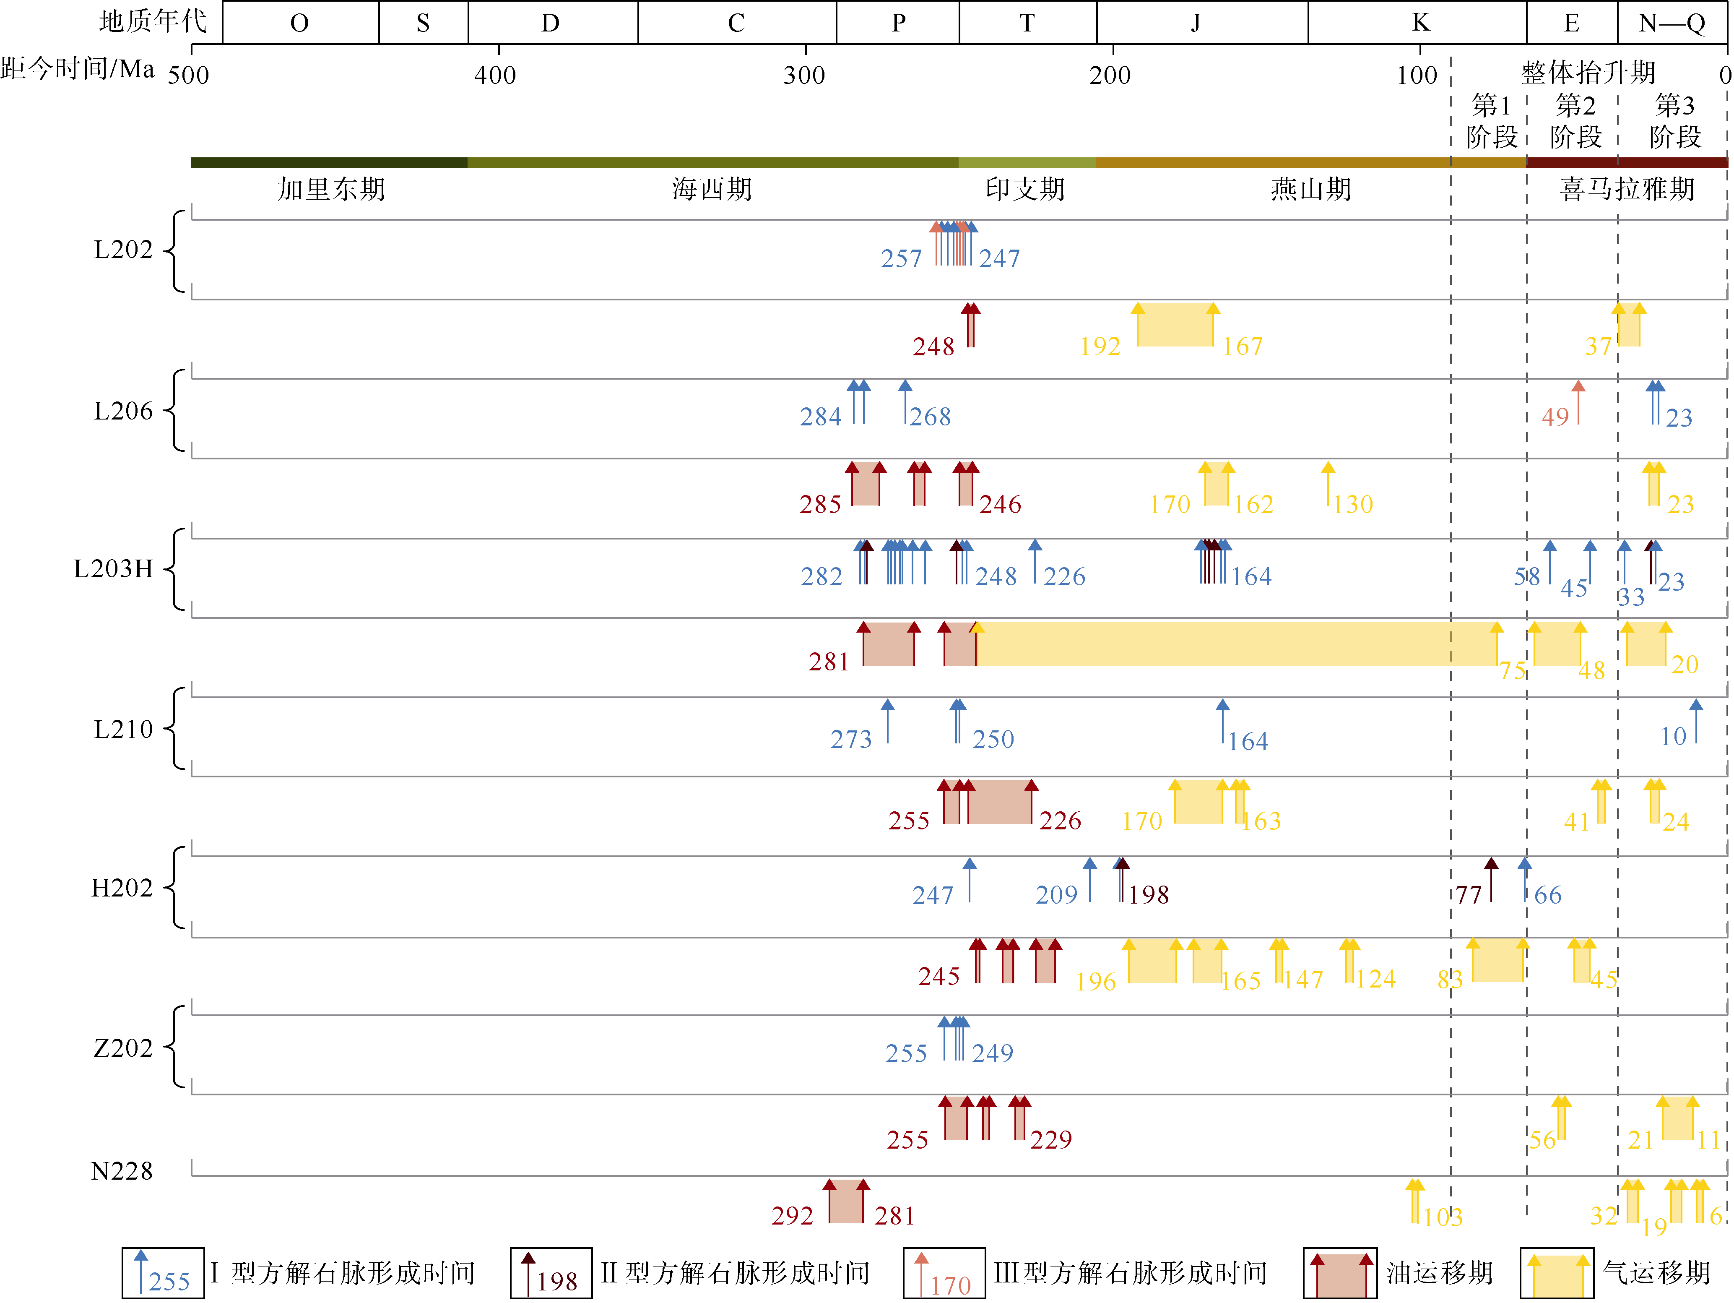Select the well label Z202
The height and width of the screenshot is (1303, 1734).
(x=122, y=1048)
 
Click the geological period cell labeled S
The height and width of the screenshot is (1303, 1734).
(x=423, y=23)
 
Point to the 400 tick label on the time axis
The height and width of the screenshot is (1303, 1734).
(x=495, y=75)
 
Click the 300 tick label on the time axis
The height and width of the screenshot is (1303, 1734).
(x=804, y=75)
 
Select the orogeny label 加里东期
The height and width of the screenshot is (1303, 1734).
(x=332, y=189)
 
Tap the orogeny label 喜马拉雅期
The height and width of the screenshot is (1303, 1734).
(x=1627, y=189)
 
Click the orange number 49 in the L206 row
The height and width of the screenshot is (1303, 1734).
(x=1555, y=417)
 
